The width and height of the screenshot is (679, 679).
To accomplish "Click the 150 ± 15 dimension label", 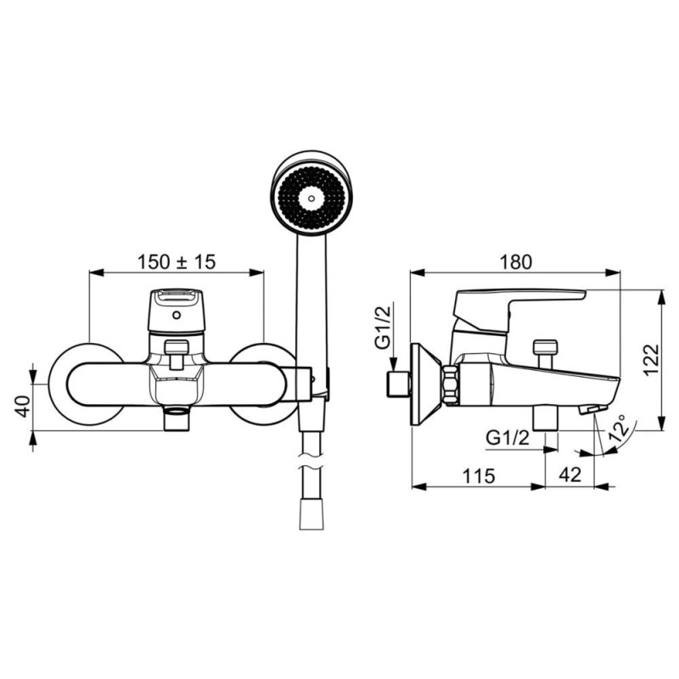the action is point(177,262).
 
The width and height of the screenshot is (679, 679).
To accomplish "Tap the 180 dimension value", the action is point(515,262).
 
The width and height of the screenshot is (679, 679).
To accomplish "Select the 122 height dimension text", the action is point(652,360).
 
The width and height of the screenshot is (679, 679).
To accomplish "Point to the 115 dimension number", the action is point(479,476).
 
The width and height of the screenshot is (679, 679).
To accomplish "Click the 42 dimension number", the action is point(570,475).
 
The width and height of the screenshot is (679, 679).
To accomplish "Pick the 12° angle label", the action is point(620,429).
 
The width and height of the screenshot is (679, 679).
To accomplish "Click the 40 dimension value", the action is point(24,406).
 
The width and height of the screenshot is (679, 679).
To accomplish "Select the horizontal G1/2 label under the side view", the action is point(508,438).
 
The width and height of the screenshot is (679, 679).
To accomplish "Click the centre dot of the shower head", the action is point(311,199).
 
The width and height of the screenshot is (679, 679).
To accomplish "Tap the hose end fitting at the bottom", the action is point(311,514).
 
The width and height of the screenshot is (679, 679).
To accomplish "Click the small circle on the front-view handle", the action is point(177,315).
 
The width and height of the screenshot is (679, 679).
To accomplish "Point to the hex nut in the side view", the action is point(451,384).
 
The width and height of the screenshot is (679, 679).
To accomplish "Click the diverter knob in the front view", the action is point(177,353).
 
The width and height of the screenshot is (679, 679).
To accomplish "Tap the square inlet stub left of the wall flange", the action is point(398,384).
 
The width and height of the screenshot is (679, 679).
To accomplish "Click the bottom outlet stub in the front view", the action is point(177,418).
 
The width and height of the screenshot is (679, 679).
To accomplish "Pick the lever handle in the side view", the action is point(519,311).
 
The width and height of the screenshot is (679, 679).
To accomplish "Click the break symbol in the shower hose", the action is point(311,461).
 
